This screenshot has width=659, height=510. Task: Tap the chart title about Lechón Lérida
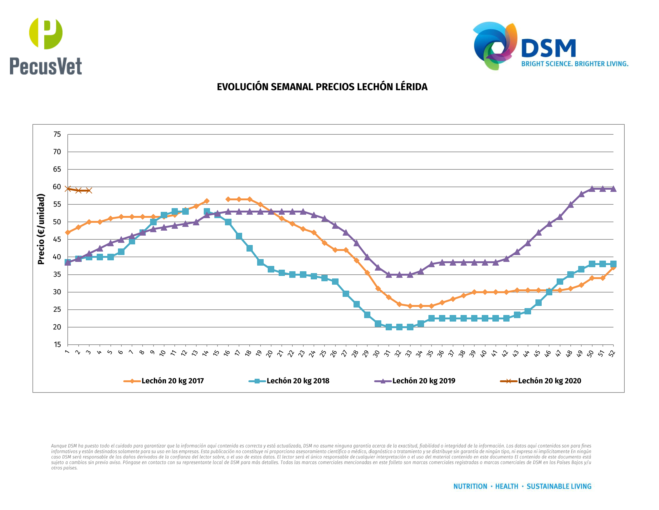coord(322,87)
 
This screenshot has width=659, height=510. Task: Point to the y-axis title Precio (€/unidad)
coord(41,229)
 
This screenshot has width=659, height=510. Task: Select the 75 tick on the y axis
coord(57,134)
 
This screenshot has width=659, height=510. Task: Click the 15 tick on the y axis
coord(57,345)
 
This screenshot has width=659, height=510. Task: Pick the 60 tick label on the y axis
coord(57,187)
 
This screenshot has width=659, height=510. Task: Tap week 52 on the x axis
coord(612,353)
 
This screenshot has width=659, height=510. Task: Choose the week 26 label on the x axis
coord(334,353)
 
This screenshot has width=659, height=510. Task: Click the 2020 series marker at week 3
coord(89,190)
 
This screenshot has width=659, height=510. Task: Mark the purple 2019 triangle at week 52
coord(613,189)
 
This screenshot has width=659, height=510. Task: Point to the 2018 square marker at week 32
coord(399,327)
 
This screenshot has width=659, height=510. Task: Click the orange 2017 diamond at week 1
coord(68,232)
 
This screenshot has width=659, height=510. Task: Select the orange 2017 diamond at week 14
coord(207,201)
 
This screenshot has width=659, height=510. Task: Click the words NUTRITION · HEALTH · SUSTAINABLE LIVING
coord(522,486)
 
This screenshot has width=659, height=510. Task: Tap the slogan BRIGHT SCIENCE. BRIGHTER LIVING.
coord(575,64)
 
